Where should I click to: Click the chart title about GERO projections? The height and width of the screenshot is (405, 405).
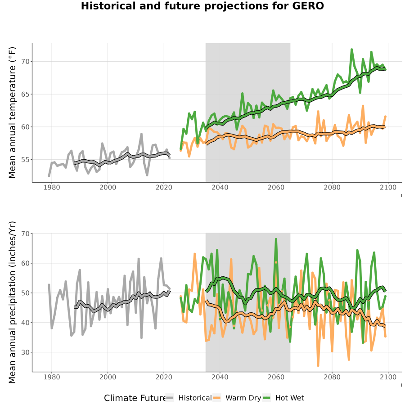(x=202, y=6)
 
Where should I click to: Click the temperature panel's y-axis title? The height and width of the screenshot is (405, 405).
(x=12, y=112)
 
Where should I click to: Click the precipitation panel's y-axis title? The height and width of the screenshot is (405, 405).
(x=12, y=302)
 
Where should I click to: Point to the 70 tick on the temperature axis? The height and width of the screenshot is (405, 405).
(x=25, y=62)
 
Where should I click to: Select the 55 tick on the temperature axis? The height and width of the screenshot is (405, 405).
(x=25, y=160)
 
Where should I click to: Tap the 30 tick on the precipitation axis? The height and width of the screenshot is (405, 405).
(x=25, y=352)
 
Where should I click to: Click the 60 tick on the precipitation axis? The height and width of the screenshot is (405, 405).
(x=25, y=263)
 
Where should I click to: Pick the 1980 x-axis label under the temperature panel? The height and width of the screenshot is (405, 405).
(x=52, y=187)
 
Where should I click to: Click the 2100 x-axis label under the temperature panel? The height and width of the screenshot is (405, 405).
(x=388, y=187)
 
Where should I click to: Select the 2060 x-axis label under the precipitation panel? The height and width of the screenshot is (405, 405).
(x=276, y=377)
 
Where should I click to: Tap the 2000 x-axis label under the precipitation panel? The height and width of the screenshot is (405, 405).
(x=108, y=377)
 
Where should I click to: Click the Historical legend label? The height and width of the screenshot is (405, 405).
(x=195, y=398)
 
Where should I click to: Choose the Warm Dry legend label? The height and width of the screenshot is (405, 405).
(x=243, y=398)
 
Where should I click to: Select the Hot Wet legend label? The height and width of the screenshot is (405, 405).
(x=289, y=398)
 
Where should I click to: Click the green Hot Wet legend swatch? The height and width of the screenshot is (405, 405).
(x=266, y=398)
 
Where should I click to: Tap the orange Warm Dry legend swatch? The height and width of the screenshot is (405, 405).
(x=217, y=398)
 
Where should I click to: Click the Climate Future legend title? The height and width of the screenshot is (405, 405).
(x=135, y=398)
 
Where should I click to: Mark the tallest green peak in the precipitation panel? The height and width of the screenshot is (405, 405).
(x=276, y=239)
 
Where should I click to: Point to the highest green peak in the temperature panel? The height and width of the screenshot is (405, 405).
(x=351, y=49)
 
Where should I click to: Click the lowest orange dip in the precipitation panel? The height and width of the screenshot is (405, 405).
(x=318, y=365)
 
